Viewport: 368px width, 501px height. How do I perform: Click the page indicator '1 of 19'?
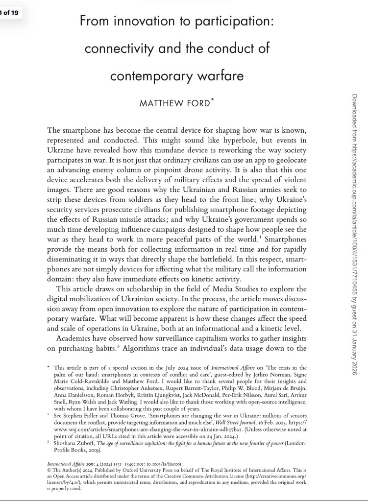(9, 13)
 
